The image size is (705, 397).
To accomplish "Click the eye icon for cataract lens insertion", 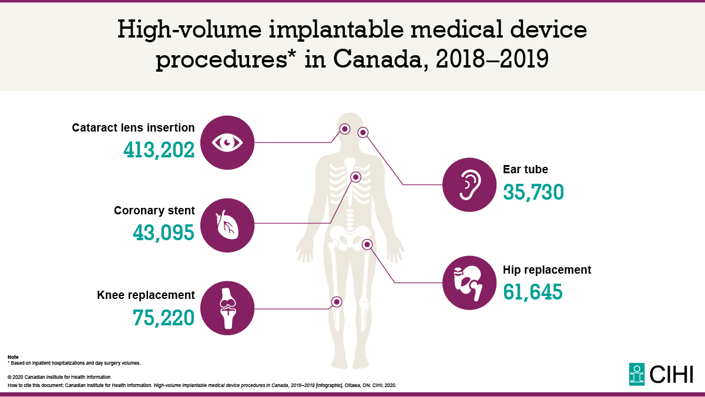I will [x=227, y=143].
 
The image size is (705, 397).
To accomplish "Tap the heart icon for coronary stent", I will [x=227, y=225].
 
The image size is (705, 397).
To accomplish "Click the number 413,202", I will [x=159, y=151].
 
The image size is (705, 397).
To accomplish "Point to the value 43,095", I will [x=163, y=233].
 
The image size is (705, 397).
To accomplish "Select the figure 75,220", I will [x=163, y=317].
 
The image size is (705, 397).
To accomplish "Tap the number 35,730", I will [x=533, y=192].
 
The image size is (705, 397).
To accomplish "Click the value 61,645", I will [x=533, y=291].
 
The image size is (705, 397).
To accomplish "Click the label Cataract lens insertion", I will [x=133, y=127].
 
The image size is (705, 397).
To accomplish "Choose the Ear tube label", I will [x=525, y=170].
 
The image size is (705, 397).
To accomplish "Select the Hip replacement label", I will [x=547, y=270].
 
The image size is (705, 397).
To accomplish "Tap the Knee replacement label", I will [x=146, y=295].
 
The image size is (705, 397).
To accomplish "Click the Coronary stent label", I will [x=154, y=211].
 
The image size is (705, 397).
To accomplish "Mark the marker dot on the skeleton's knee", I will [x=337, y=301].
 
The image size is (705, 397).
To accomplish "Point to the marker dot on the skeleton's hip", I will [x=367, y=244].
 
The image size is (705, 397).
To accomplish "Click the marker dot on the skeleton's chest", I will [x=355, y=177].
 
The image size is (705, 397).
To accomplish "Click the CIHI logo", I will [x=660, y=374].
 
